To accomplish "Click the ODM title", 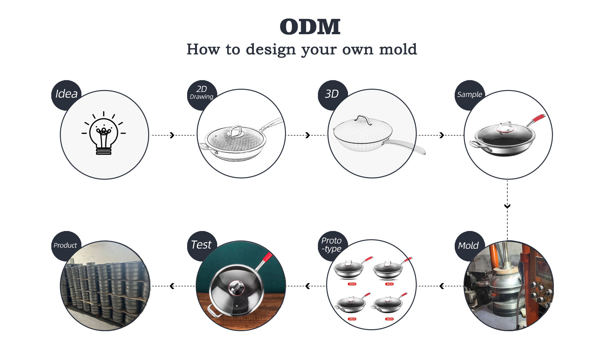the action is tap(310, 27).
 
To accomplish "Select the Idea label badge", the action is tap(66, 94).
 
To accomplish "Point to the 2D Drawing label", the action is tap(201, 93).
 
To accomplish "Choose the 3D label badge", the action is tap(332, 94).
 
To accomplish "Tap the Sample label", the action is tap(469, 94).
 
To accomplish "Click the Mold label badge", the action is tap(468, 246).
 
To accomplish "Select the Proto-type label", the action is tap(331, 245).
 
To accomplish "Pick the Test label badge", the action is tap(201, 245).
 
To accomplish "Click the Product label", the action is tap(65, 245).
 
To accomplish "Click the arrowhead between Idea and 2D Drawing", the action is tap(172, 135).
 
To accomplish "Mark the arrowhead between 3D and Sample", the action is tap(442, 135).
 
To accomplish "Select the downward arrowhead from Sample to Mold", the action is tap(507, 206).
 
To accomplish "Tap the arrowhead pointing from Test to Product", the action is tap(172, 286).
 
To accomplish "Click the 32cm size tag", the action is tap(352, 284).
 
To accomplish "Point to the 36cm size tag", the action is tap(389, 319).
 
